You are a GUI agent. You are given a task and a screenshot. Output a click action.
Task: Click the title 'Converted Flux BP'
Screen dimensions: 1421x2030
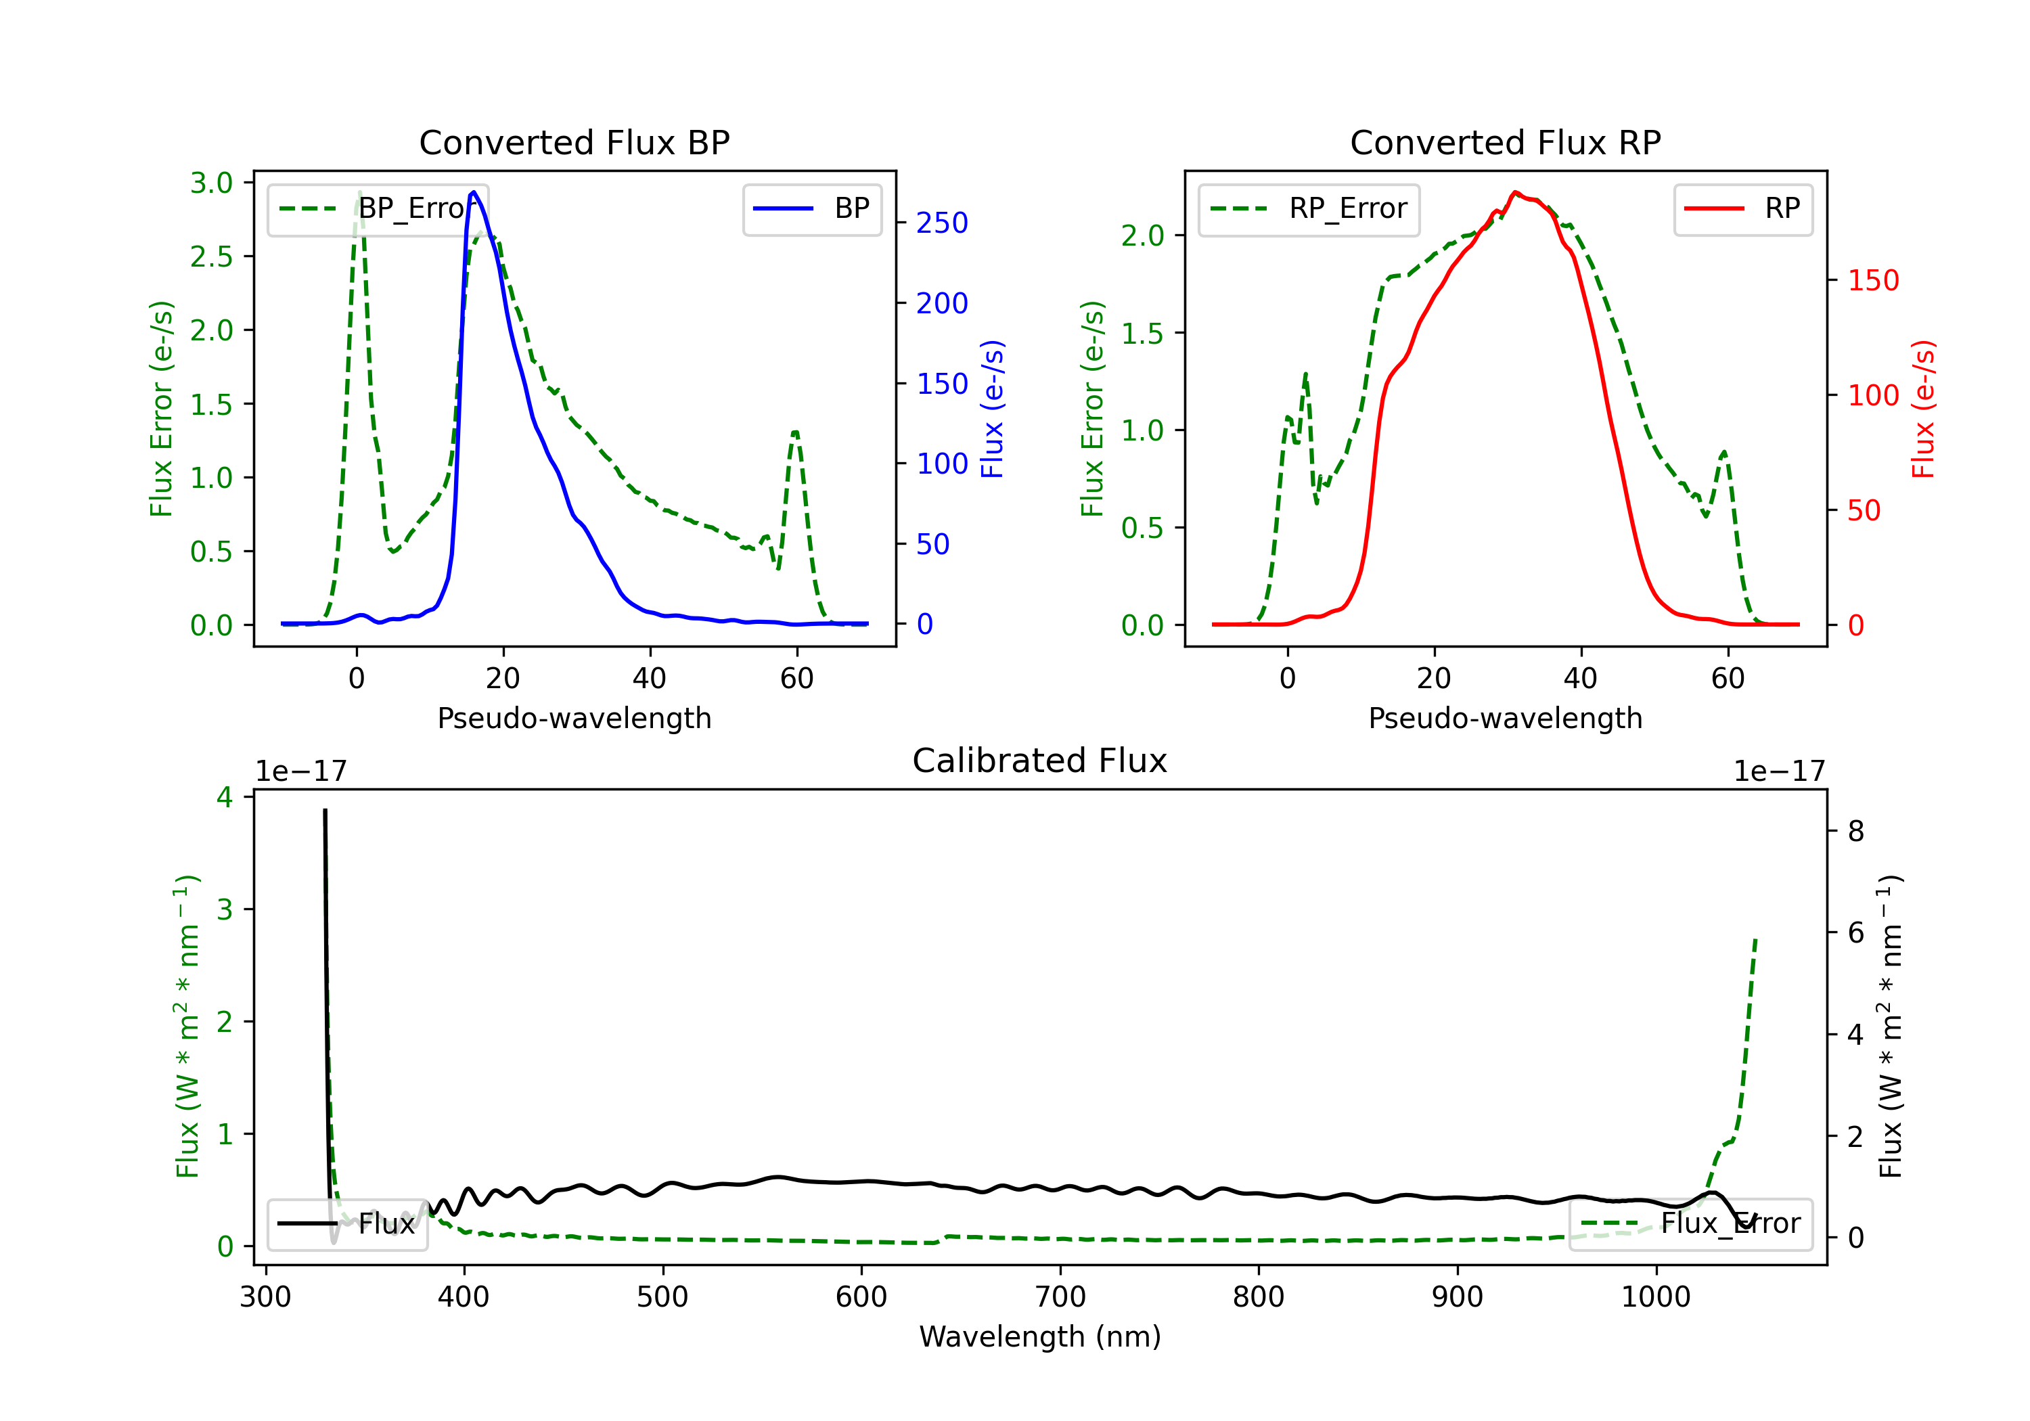[x=574, y=142]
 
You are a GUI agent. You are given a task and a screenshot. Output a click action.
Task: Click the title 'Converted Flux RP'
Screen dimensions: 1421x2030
[x=1505, y=142]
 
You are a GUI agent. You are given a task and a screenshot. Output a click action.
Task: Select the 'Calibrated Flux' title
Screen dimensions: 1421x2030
[x=1040, y=761]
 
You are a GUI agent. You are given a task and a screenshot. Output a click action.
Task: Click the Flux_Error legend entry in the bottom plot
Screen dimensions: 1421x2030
[x=1690, y=1224]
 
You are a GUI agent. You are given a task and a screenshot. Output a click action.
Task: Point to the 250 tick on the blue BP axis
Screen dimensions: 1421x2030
[x=942, y=223]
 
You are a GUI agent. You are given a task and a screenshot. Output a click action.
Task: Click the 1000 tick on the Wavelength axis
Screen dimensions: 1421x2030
[x=1655, y=1297]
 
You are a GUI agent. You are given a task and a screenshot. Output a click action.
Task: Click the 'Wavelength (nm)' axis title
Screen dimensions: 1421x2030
[x=1040, y=1336]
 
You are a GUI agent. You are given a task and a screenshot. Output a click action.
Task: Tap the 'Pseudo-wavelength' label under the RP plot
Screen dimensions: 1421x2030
[x=1505, y=718]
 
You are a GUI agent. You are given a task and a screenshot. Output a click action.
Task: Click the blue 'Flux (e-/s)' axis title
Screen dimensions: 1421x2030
[x=992, y=409]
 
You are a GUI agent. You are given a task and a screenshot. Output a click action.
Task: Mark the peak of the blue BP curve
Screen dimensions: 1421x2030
[x=474, y=192]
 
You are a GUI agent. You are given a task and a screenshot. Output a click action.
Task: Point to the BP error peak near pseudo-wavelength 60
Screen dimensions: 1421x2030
[x=796, y=432]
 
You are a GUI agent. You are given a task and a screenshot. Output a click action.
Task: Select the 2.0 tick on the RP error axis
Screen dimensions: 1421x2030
[x=1142, y=236]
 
